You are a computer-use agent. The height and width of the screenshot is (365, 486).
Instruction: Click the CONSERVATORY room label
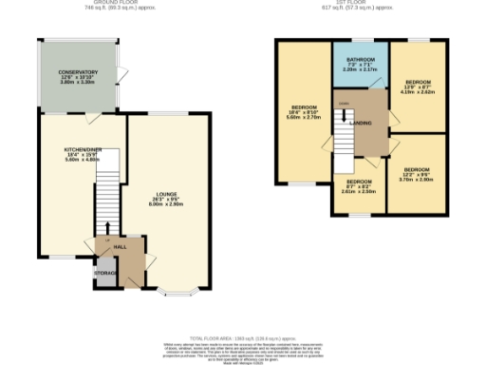point(78,72)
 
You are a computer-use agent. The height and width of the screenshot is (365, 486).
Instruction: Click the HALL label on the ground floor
point(121,246)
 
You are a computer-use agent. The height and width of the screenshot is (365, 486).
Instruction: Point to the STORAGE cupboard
point(105,274)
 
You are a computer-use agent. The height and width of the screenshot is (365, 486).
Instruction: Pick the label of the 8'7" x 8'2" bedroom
point(358,182)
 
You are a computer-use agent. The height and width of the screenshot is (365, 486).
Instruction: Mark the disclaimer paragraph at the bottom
point(243,351)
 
